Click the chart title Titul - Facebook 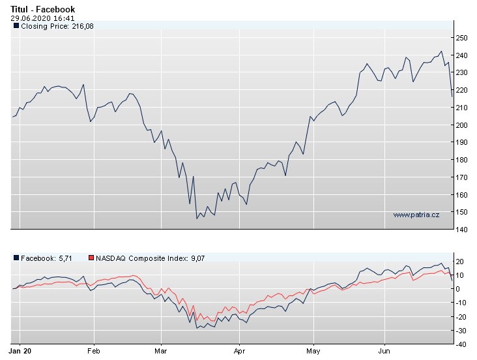[42, 9]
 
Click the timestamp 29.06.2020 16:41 [42, 18]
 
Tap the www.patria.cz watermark [416, 215]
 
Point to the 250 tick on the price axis [462, 38]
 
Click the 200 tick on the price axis [462, 125]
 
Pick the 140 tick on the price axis [462, 230]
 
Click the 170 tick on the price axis [462, 177]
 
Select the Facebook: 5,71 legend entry [46, 258]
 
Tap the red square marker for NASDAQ [91, 258]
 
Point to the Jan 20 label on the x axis [23, 350]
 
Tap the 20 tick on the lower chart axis [460, 262]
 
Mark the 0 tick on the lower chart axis [459, 288]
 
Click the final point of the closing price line [452, 97]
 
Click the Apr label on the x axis [240, 350]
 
